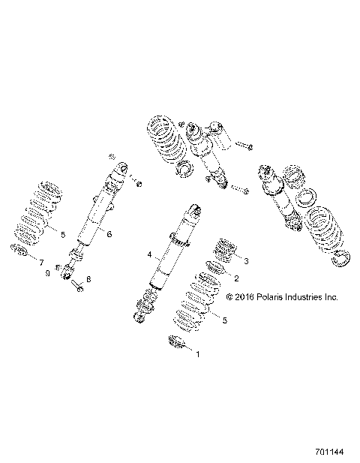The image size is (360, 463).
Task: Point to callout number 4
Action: click(x=149, y=255)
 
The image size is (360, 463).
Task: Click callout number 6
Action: click(x=109, y=235)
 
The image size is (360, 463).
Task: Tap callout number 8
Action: click(x=88, y=279)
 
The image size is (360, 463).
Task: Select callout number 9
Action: click(x=46, y=274)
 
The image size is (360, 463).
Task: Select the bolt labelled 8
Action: click(x=78, y=283)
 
